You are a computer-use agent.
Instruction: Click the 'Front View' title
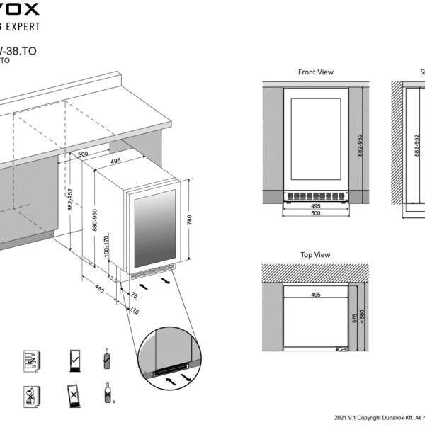click(315, 72)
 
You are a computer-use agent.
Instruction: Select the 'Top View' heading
click(315, 254)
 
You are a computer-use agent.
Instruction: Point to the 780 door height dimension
click(188, 220)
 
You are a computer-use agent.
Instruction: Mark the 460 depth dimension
click(99, 288)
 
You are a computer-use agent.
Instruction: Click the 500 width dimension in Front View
click(315, 213)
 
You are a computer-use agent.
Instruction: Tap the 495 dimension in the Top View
click(314, 293)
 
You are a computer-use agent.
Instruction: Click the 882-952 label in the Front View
click(359, 145)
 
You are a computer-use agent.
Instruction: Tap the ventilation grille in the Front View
click(315, 196)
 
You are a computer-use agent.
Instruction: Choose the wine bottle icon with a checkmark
click(106, 359)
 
